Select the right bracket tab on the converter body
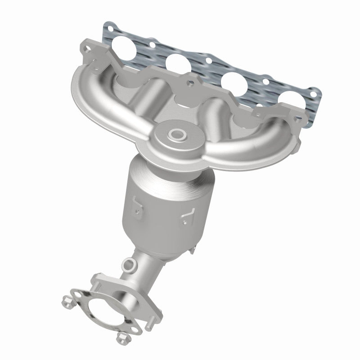tap(186, 220)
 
